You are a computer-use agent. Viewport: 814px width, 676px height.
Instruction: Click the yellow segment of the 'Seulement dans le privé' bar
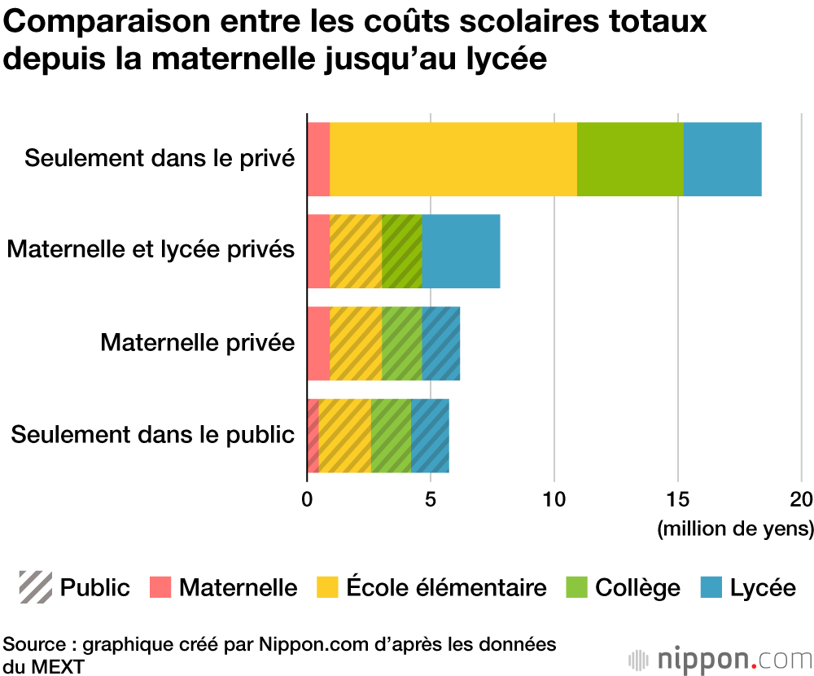click(453, 159)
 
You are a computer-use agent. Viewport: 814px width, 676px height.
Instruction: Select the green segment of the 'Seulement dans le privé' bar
click(630, 159)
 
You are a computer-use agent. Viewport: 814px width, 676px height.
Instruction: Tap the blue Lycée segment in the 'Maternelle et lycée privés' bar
click(461, 251)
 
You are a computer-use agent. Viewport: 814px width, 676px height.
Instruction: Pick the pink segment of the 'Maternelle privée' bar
click(318, 343)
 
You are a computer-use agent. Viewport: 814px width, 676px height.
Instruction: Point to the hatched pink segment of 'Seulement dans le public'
click(313, 436)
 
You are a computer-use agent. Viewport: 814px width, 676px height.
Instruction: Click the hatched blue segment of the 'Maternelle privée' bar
click(441, 343)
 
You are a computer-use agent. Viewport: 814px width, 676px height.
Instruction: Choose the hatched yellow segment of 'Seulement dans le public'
click(344, 436)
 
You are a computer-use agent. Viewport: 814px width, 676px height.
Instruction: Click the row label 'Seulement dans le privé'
click(159, 157)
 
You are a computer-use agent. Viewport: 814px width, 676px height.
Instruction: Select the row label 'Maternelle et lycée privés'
click(151, 249)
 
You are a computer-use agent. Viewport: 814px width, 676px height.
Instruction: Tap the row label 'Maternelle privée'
click(197, 342)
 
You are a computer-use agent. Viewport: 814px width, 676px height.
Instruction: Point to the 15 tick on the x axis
click(678, 499)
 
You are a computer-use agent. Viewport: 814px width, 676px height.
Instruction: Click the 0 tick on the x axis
click(307, 499)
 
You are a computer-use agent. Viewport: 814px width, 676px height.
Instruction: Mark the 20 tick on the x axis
click(802, 499)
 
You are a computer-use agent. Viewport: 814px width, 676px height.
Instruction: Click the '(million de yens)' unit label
click(735, 529)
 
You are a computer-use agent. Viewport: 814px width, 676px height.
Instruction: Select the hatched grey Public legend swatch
click(36, 587)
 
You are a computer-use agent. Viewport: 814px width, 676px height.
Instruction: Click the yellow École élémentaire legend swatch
click(328, 587)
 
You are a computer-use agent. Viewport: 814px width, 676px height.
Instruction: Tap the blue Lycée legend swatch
click(711, 587)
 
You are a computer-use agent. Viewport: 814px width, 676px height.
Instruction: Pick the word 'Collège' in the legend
click(637, 587)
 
